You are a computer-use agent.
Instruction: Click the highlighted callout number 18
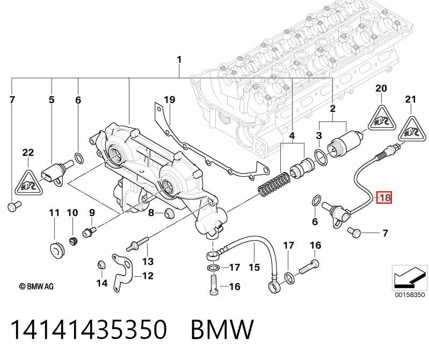[x=384, y=197]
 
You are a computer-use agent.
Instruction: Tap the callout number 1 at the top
[x=179, y=60]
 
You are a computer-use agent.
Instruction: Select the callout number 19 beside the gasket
[x=170, y=99]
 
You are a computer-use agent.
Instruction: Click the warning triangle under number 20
[x=382, y=118]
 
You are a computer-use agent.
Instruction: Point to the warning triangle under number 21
[x=411, y=129]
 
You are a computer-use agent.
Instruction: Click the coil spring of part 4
[x=273, y=184]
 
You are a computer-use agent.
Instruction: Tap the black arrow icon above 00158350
[x=409, y=277]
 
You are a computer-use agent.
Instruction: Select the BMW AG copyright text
[x=37, y=286]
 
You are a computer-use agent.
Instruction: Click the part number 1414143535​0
[x=89, y=329]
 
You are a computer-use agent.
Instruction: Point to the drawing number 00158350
[x=410, y=294]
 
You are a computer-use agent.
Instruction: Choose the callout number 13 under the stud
[x=148, y=262]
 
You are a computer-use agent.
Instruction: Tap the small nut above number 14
[x=101, y=265]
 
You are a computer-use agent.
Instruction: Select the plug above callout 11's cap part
[x=57, y=250]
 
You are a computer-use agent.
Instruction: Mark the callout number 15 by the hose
[x=254, y=267]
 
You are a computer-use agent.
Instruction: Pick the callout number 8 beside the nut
[x=151, y=212]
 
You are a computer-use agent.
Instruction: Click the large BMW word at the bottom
[x=222, y=329]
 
